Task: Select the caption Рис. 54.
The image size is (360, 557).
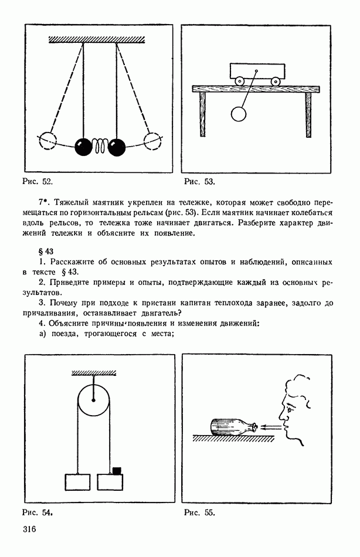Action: tap(38, 512)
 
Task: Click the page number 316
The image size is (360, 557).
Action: tap(30, 530)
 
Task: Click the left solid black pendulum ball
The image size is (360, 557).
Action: tap(84, 146)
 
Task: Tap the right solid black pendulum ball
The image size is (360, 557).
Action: tap(117, 146)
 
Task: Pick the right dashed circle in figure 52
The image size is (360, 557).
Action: tap(152, 141)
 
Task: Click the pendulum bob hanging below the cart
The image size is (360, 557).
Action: tap(239, 114)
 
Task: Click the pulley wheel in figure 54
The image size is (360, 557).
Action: tap(94, 401)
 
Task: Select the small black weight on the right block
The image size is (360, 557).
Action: tap(116, 469)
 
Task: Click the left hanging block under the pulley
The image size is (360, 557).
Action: tap(77, 481)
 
